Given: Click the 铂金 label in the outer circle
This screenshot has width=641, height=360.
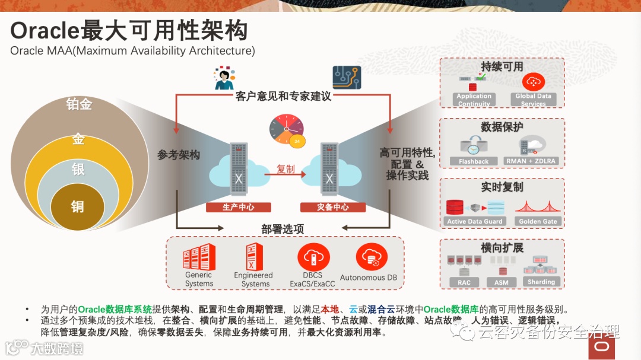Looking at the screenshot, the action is pyautogui.click(x=79, y=104).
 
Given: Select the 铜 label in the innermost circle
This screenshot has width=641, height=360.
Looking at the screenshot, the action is pyautogui.click(x=78, y=206).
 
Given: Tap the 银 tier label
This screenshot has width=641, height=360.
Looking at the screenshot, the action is pyautogui.click(x=78, y=170).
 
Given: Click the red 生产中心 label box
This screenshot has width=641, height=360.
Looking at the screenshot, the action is pyautogui.click(x=239, y=208).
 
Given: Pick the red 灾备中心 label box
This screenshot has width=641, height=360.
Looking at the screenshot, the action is pyautogui.click(x=332, y=208).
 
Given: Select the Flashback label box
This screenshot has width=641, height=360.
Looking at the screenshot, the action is pyautogui.click(x=474, y=161).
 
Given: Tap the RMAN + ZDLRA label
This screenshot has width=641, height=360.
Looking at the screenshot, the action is pyautogui.click(x=532, y=161).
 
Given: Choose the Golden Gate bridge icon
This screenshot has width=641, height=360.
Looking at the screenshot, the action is pyautogui.click(x=538, y=207).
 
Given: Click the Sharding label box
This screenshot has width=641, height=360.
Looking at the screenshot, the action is pyautogui.click(x=541, y=282).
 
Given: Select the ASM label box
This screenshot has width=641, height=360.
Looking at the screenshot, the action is pyautogui.click(x=502, y=282).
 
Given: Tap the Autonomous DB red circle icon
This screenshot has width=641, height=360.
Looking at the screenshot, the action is pyautogui.click(x=372, y=257).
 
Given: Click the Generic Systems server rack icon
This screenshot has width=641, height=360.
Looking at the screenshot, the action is pyautogui.click(x=199, y=257).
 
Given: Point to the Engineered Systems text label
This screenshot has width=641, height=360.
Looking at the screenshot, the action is pyautogui.click(x=253, y=279).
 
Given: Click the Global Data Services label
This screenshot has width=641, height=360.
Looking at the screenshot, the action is pyautogui.click(x=533, y=99).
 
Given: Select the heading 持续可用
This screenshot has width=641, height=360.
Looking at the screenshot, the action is pyautogui.click(x=502, y=66).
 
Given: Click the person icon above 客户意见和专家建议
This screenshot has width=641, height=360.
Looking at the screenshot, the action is pyautogui.click(x=224, y=78).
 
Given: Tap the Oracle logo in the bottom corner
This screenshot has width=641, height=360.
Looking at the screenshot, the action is pyautogui.click(x=601, y=346).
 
